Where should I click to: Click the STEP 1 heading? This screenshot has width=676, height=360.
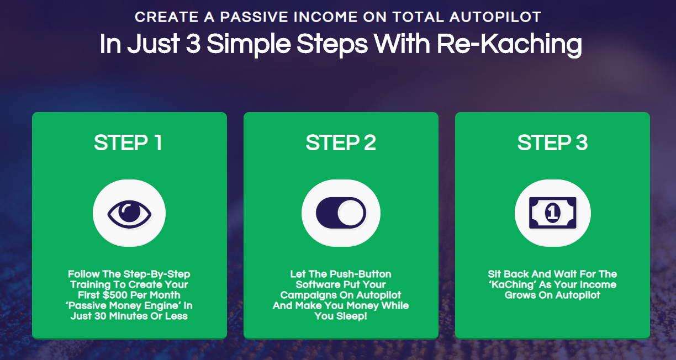click(128, 142)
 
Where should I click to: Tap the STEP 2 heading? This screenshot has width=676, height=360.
click(341, 142)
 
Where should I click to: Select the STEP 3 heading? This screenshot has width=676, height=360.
click(553, 142)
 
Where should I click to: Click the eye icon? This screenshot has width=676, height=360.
click(129, 214)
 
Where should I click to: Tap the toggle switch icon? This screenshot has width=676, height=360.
click(341, 213)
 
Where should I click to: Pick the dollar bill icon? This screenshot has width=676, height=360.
click(553, 213)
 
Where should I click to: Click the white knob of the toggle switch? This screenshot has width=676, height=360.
click(351, 213)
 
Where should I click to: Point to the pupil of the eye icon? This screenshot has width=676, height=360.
click(129, 211)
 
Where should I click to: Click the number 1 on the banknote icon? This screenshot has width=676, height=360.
click(553, 213)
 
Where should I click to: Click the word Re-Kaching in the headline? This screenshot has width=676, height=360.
click(509, 44)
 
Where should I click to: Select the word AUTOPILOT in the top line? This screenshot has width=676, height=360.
click(495, 17)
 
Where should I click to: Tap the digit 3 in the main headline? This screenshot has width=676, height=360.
click(193, 44)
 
